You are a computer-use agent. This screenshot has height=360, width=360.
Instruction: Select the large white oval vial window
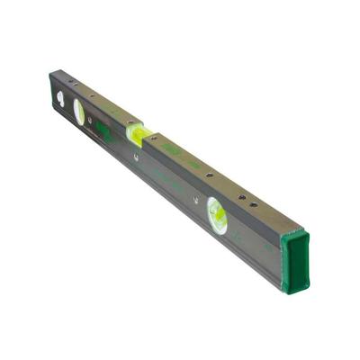coord(79,112)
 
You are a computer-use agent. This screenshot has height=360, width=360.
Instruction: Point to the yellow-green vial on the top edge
coord(136,134)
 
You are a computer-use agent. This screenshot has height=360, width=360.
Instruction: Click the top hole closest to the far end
coord(76,85)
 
